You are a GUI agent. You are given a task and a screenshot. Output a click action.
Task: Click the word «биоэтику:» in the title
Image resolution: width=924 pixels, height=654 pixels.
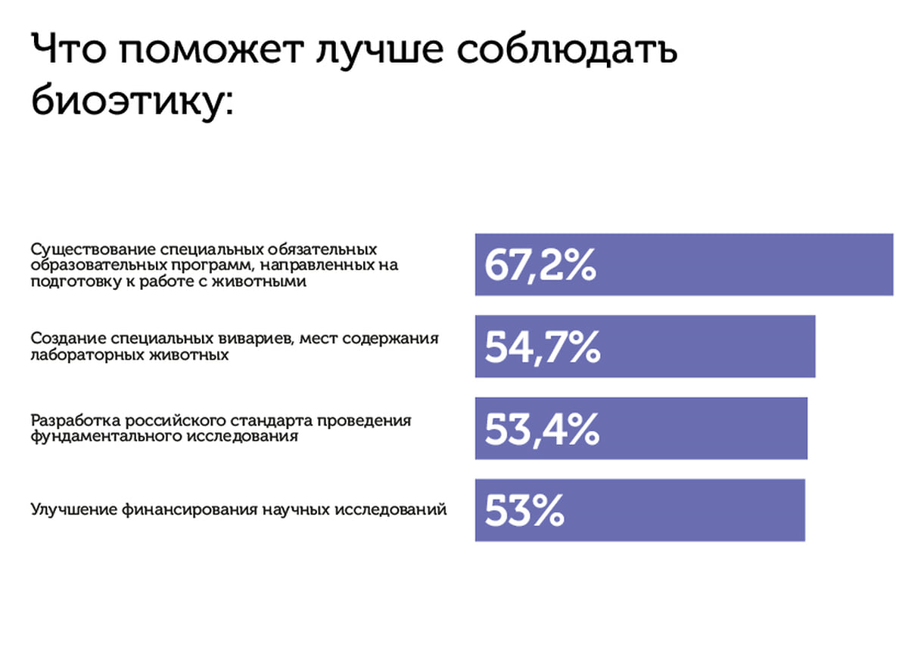pyautogui.click(x=132, y=100)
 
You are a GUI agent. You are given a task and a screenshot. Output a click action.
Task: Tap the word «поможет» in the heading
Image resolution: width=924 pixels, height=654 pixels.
pyautogui.click(x=212, y=51)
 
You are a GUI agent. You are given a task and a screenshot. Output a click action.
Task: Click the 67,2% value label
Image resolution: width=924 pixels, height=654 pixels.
pyautogui.click(x=540, y=265)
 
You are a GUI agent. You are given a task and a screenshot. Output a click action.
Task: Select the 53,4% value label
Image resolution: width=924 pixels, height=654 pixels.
pyautogui.click(x=542, y=429)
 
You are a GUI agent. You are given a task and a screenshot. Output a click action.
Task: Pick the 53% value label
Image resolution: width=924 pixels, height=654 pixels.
pyautogui.click(x=524, y=510)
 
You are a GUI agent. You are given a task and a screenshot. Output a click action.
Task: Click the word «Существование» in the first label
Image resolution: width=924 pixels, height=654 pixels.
pyautogui.click(x=92, y=250)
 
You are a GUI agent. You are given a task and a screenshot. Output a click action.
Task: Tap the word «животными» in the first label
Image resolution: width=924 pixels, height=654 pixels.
pyautogui.click(x=259, y=281)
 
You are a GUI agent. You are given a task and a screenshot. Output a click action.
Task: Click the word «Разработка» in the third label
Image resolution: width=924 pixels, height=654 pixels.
pyautogui.click(x=76, y=421)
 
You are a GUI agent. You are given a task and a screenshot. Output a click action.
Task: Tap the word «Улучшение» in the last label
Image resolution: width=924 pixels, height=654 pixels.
pyautogui.click(x=74, y=509)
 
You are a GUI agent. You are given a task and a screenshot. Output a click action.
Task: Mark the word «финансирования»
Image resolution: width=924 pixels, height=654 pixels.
pyautogui.click(x=189, y=509)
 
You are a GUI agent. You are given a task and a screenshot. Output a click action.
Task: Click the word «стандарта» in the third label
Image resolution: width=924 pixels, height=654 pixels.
pyautogui.click(x=272, y=422)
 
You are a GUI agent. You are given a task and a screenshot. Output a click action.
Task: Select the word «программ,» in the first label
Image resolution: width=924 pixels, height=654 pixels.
pyautogui.click(x=213, y=266)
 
